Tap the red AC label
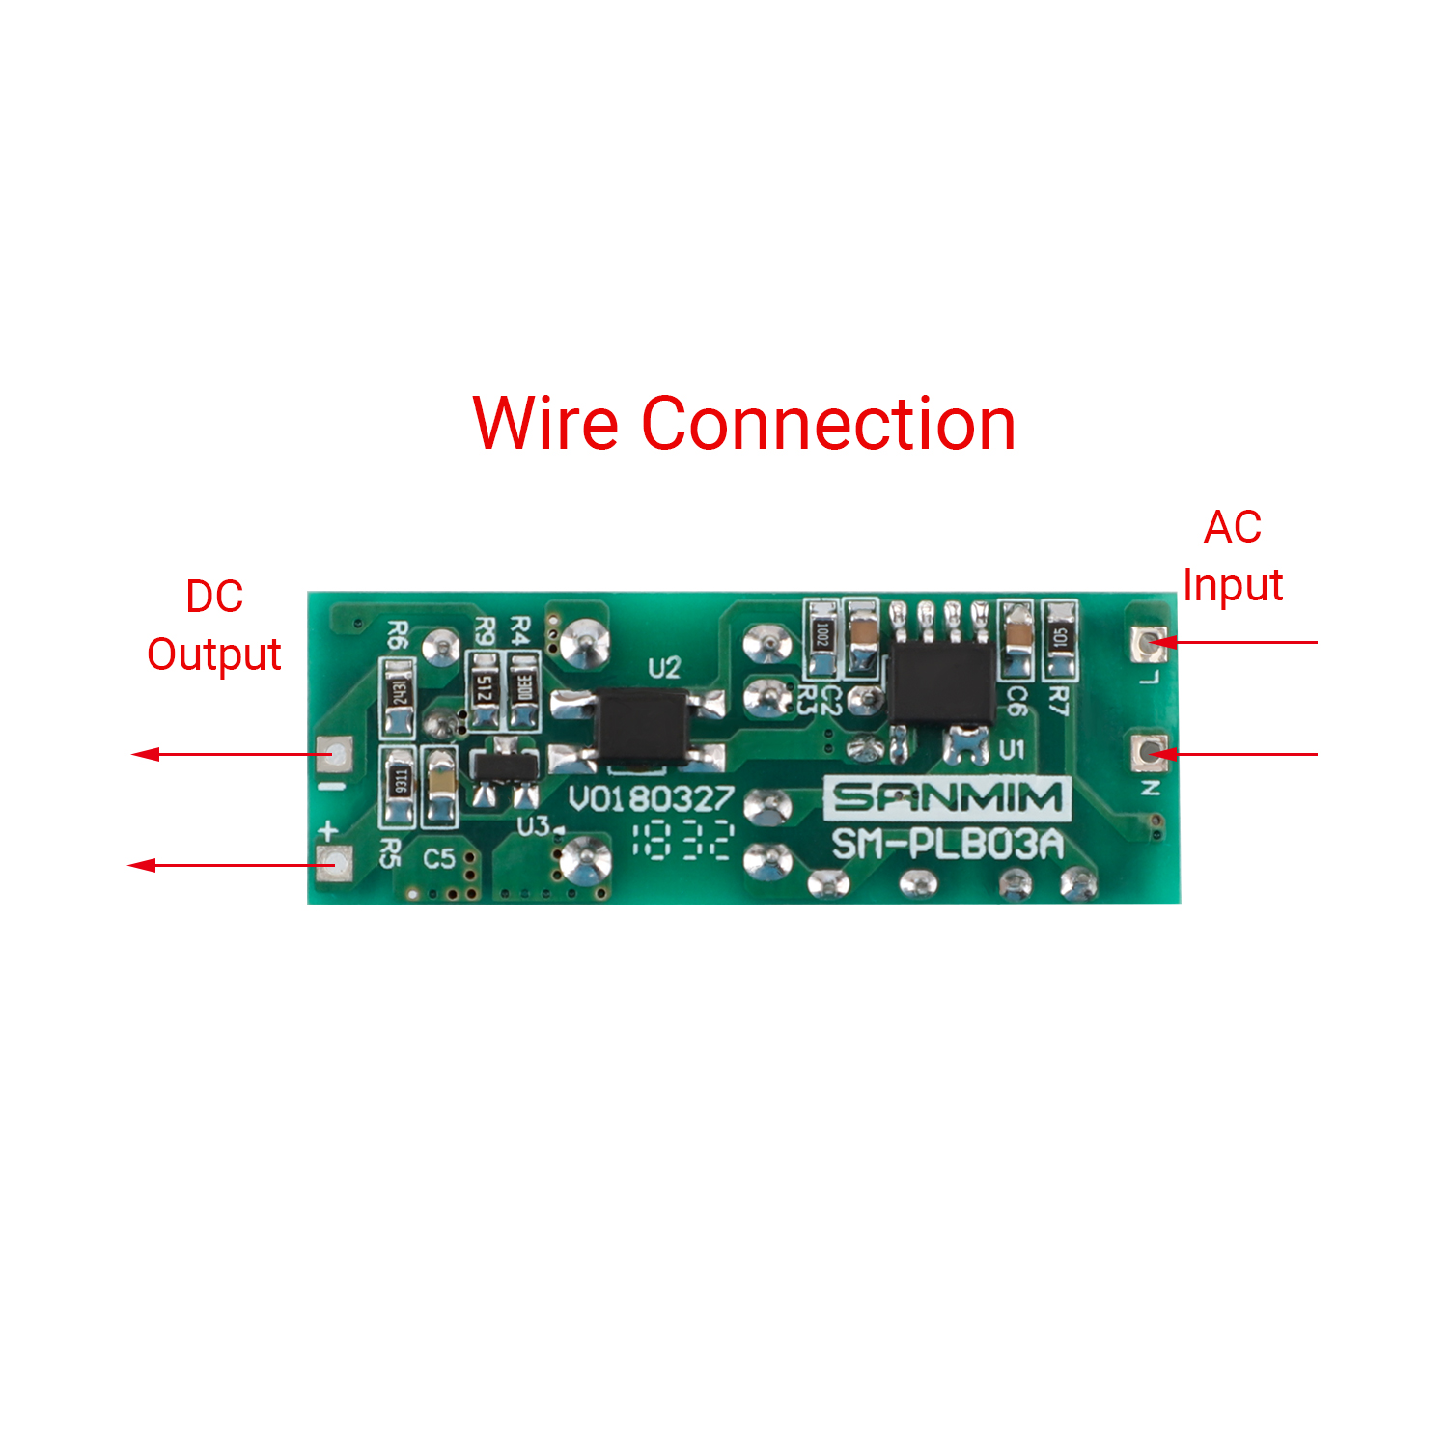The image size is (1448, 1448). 1233,527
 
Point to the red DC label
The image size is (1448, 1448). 214,597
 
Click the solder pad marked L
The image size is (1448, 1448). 1149,642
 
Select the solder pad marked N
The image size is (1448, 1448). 1149,752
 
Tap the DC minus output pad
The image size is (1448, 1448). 335,754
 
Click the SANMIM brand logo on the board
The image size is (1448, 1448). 947,797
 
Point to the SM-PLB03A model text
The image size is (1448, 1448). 947,845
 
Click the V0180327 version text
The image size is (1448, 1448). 651,799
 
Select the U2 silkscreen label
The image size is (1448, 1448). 664,667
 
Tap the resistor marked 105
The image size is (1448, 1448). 1060,639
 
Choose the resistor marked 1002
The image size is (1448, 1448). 821,637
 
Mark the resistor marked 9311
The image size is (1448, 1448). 399,784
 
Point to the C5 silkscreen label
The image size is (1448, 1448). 438,857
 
